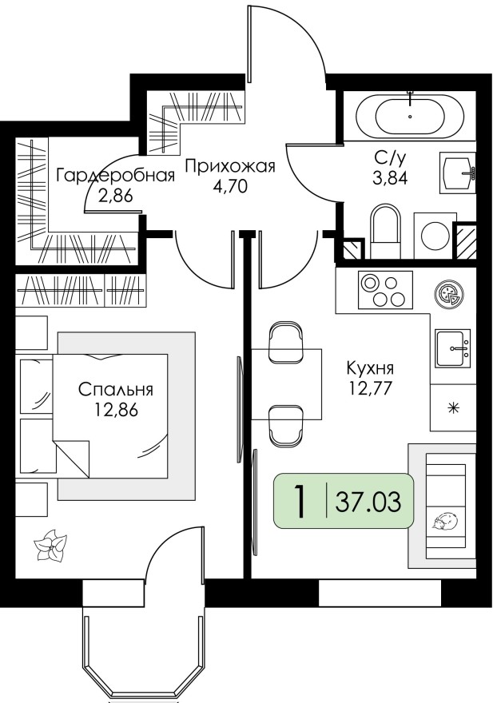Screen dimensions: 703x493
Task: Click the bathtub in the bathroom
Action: [x=410, y=117]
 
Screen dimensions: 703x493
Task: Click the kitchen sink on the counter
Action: [x=454, y=348]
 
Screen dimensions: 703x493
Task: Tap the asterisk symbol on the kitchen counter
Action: [x=453, y=408]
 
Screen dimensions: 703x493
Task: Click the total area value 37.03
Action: [x=368, y=503]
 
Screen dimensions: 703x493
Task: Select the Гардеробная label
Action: [x=114, y=176]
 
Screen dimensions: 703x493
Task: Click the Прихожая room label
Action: [x=230, y=167]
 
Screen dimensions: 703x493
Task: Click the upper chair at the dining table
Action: [x=286, y=340]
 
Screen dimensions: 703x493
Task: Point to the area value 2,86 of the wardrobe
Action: [x=114, y=197]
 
